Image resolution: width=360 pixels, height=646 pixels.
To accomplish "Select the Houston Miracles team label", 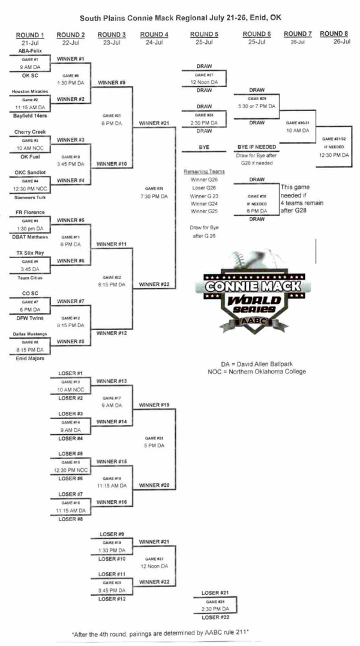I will (x=29, y=91).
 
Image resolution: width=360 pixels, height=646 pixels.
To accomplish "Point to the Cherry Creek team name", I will (x=28, y=131).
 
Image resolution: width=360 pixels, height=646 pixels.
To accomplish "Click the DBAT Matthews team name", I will (x=29, y=237).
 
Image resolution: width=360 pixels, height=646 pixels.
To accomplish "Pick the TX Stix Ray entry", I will (x=28, y=253).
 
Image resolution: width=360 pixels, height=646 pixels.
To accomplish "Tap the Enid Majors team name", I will (x=26, y=358).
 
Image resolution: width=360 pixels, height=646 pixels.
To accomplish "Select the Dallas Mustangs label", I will (x=29, y=334).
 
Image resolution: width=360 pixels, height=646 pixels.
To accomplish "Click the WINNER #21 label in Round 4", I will (x=154, y=123).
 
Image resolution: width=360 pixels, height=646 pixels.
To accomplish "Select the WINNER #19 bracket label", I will (x=154, y=405).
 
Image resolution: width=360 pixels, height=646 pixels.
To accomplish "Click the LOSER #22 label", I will (x=214, y=617).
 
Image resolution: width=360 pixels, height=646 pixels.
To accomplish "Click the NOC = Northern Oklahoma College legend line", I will (x=256, y=372).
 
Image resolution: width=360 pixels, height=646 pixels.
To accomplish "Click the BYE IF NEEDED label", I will (x=256, y=146).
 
